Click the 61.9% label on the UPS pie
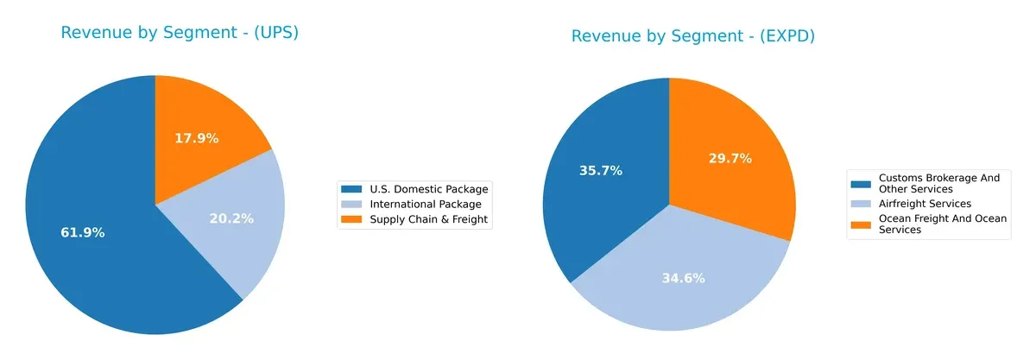[x=83, y=233]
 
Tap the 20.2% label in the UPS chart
[x=231, y=218]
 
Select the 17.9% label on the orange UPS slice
[x=197, y=138]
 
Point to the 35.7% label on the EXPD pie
[x=600, y=171]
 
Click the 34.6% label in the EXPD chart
[x=684, y=278]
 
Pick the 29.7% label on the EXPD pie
[x=730, y=158]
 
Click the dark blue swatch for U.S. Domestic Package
[x=352, y=189]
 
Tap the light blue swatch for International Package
[x=352, y=205]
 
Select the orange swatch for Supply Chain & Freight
[x=352, y=219]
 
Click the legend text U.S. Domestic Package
[x=429, y=189]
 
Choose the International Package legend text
[x=426, y=205]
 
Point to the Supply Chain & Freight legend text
[x=429, y=219]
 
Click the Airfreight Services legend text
[x=925, y=204]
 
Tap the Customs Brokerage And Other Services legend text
[x=938, y=183]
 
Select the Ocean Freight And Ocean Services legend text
[x=942, y=224]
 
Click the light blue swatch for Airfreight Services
[x=862, y=204]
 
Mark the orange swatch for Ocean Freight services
[x=862, y=224]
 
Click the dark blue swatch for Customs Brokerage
[x=862, y=183]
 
